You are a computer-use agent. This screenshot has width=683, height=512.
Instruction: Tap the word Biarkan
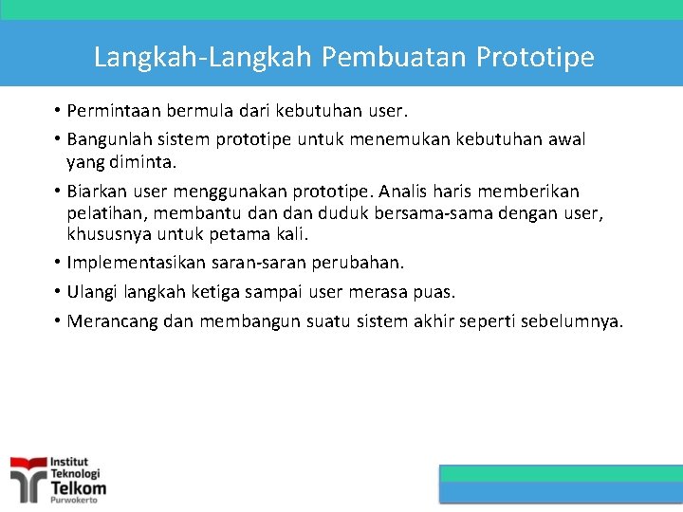click(99, 192)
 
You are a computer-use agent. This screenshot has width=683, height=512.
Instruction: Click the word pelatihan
click(103, 212)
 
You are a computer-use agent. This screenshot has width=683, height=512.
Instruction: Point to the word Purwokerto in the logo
click(74, 499)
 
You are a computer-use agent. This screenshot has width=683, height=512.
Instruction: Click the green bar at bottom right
click(561, 472)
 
